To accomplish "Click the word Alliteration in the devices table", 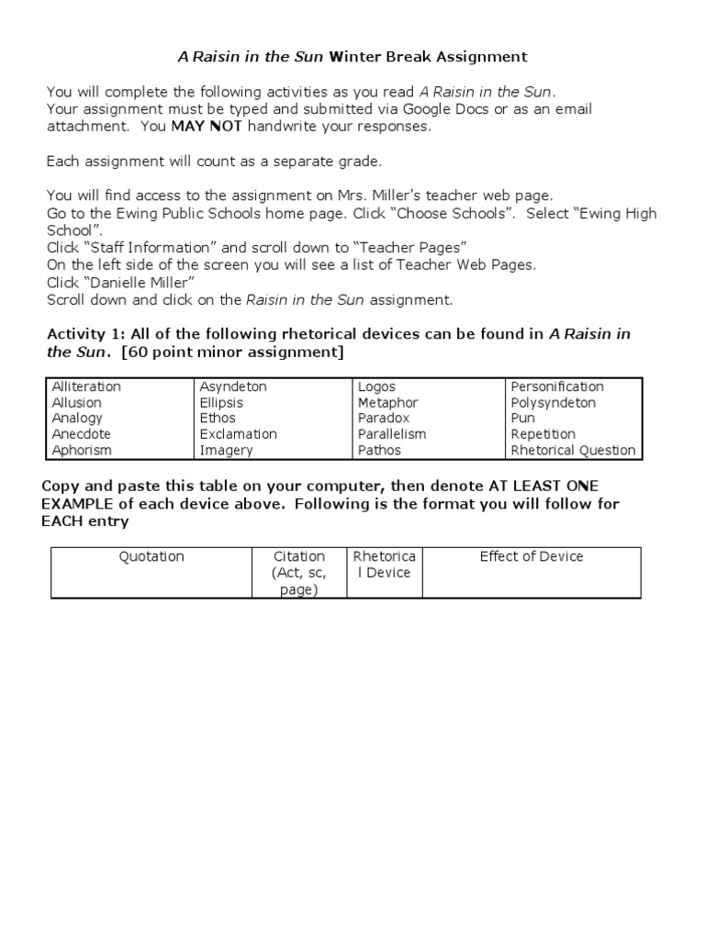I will [x=86, y=386].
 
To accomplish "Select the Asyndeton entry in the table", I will [x=233, y=386].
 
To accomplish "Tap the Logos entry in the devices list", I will [x=376, y=386].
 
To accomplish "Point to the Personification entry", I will [x=557, y=386].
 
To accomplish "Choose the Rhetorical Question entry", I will [x=573, y=450].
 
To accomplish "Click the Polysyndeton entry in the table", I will [x=553, y=402].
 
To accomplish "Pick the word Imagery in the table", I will [x=226, y=450].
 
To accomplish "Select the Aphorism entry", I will [x=82, y=450].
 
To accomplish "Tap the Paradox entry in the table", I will [x=384, y=418].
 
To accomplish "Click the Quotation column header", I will [x=151, y=556].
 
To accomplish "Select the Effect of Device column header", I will [x=532, y=556].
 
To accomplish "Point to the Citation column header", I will [x=299, y=556].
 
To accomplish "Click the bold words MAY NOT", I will [x=207, y=126].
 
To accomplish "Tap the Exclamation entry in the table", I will [x=239, y=434].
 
